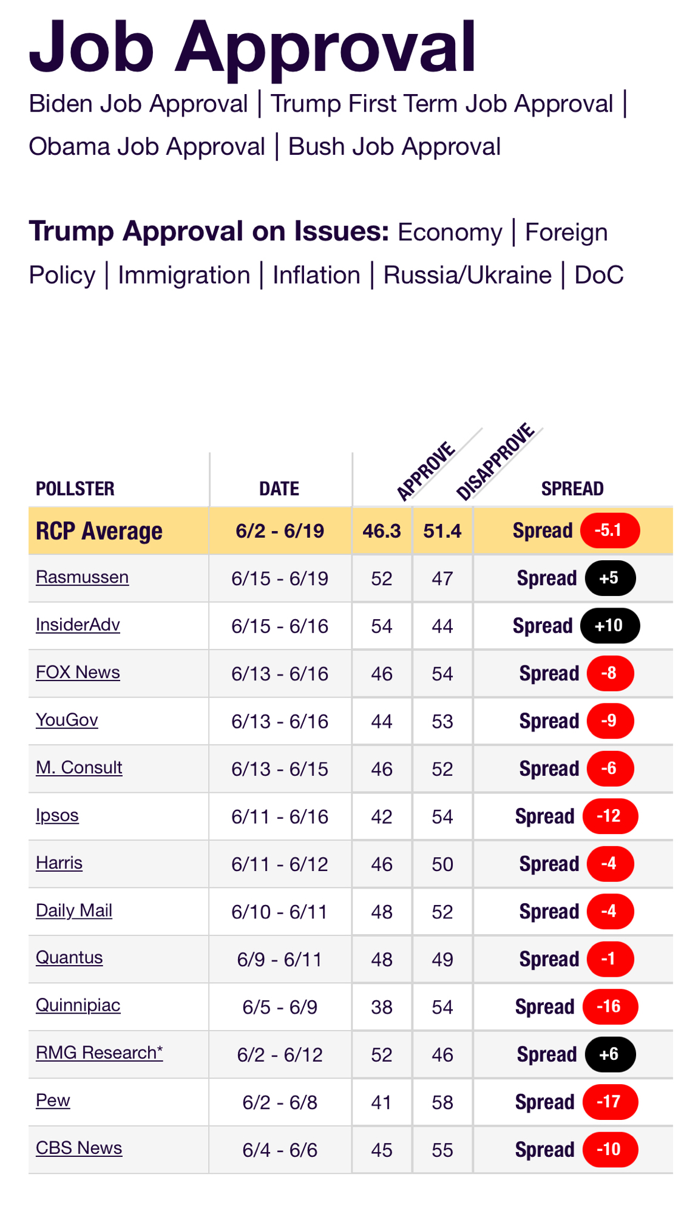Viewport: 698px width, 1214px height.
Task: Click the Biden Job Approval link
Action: pos(138,104)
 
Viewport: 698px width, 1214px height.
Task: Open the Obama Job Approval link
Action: pos(147,147)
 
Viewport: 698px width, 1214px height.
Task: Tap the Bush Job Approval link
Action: pos(395,147)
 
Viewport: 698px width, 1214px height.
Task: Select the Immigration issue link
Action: pos(184,276)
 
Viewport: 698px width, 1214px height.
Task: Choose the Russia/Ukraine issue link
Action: pos(467,276)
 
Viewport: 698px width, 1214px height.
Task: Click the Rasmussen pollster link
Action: pos(82,577)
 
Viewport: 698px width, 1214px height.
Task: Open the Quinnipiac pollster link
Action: pos(78,1005)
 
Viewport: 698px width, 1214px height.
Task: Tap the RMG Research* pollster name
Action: pos(99,1053)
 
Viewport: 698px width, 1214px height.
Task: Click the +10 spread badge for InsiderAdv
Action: pos(609,626)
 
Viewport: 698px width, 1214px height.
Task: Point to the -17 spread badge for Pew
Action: pos(609,1102)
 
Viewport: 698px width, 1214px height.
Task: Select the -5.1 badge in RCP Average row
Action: pos(609,531)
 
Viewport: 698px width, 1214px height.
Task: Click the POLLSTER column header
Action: pos(75,489)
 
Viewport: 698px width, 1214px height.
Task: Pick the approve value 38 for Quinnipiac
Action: pos(382,1007)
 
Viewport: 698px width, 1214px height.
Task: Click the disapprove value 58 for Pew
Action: pos(442,1102)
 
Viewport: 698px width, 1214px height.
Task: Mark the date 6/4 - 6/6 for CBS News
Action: pos(280,1150)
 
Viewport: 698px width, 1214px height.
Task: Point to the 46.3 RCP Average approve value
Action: pos(382,531)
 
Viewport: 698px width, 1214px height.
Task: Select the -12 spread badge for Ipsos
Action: pos(609,816)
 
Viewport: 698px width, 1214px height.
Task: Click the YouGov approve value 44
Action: pos(382,721)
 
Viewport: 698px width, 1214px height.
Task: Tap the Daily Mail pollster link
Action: pos(74,910)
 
